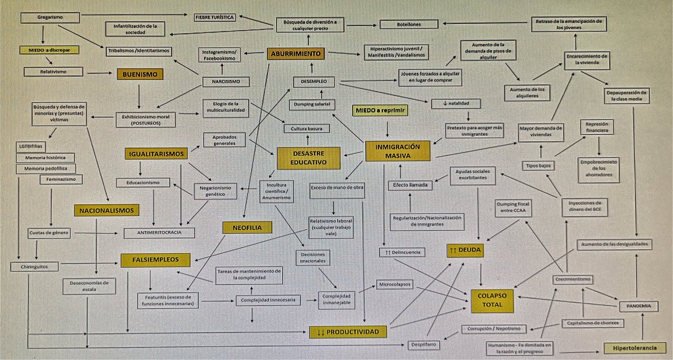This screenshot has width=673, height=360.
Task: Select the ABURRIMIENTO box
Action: [x=296, y=54]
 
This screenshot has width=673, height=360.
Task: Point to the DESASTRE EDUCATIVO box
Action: [x=308, y=158]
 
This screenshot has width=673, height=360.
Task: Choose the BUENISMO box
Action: [x=140, y=73]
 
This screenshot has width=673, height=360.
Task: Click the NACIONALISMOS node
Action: [x=105, y=211]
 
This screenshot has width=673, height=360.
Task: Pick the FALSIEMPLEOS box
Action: [x=155, y=260]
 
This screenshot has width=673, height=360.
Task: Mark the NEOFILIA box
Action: [x=247, y=228]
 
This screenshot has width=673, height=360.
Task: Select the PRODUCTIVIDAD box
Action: [x=348, y=331]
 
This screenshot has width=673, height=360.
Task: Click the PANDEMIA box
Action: [x=638, y=306]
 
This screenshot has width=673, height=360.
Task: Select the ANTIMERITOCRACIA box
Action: [x=159, y=233]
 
